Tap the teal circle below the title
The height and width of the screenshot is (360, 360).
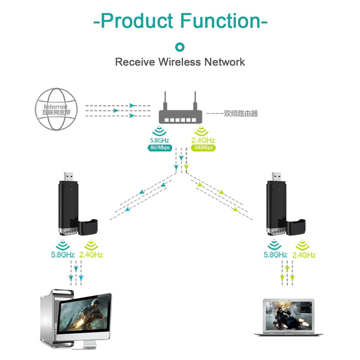click(180, 47)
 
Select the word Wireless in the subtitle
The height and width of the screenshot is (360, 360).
click(180, 62)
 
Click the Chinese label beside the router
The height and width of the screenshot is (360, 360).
click(241, 114)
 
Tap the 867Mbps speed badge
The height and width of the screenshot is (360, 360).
click(160, 148)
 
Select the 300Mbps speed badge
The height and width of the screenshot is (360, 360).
click(203, 148)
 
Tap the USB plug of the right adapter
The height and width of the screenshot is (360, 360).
click(276, 176)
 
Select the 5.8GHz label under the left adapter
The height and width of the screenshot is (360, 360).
click(63, 255)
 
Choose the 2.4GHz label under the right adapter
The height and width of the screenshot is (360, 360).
click(304, 255)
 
